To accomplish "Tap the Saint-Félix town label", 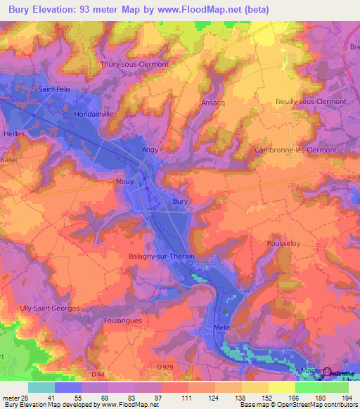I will pos(57,89).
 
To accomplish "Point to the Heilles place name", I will pos(13,134).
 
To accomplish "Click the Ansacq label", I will pos(214,101).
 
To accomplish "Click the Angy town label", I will pos(150,150).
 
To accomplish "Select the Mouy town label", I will pos(124,181).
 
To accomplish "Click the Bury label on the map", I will pos(181,202).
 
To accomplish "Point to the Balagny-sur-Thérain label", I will pos(161,257).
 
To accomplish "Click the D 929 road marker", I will pos(166,368).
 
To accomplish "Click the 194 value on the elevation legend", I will pos(335,398).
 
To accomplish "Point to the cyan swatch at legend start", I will pos(41,387).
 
